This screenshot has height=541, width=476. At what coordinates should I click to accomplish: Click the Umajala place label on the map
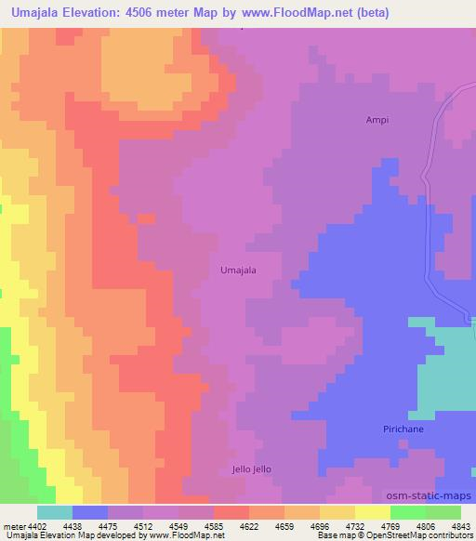coord(238,270)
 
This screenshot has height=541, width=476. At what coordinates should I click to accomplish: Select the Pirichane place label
coord(403,429)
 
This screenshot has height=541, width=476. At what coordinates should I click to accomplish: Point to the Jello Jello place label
coord(251,469)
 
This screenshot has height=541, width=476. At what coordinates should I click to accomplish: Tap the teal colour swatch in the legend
coord(54,511)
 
